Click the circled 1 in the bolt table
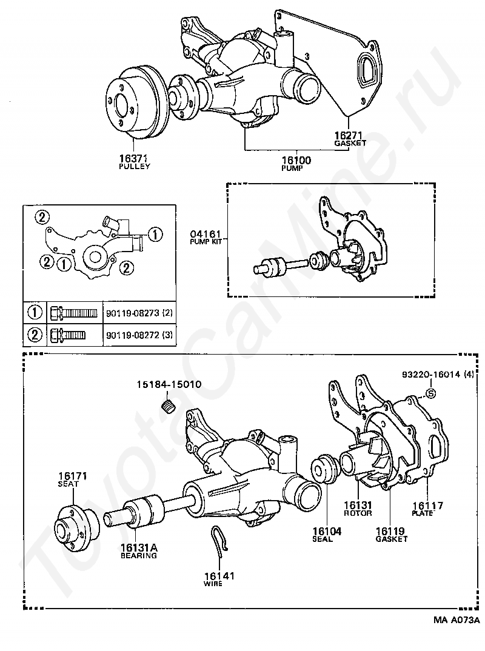pyautogui.click(x=35, y=313)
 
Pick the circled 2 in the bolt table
pyautogui.click(x=35, y=334)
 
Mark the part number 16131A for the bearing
pyautogui.click(x=138, y=547)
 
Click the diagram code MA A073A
pyautogui.click(x=455, y=620)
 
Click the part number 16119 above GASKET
pyautogui.click(x=391, y=531)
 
